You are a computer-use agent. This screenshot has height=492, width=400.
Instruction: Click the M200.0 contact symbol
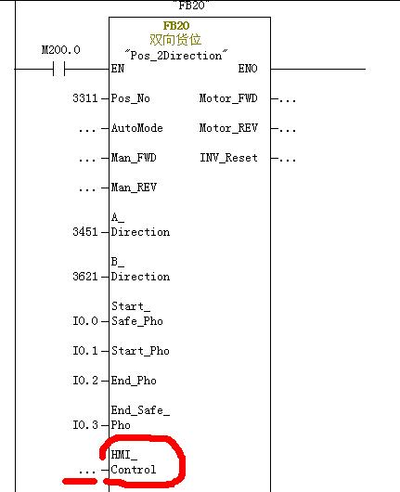(59, 69)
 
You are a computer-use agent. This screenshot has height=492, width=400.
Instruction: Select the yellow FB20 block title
(176, 25)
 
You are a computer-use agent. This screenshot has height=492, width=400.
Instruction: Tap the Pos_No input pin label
(131, 98)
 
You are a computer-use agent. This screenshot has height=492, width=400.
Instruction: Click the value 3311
(85, 98)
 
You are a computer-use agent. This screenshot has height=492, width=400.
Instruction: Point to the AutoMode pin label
(137, 128)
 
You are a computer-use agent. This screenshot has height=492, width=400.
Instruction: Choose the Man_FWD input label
(134, 158)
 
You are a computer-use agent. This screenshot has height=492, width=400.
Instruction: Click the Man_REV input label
(134, 188)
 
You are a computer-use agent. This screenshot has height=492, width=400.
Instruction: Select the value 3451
(85, 232)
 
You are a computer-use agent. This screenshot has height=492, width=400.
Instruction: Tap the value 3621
(85, 277)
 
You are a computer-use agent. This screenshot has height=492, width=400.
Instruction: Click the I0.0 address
(85, 321)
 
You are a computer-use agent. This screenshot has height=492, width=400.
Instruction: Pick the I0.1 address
(85, 351)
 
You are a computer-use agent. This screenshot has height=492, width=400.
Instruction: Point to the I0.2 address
(85, 381)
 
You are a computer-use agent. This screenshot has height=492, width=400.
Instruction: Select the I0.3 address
(85, 425)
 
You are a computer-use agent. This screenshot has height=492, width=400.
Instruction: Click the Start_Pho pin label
(140, 351)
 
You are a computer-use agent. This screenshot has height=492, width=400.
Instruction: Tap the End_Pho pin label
(134, 381)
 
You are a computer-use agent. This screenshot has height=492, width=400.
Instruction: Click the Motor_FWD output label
(228, 98)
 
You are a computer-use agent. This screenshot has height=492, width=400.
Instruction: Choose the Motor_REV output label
(228, 128)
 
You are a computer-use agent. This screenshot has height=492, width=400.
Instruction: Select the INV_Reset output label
(228, 158)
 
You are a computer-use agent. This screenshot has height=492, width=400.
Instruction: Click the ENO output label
(248, 69)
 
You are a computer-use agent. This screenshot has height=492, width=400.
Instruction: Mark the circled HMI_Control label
(134, 462)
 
